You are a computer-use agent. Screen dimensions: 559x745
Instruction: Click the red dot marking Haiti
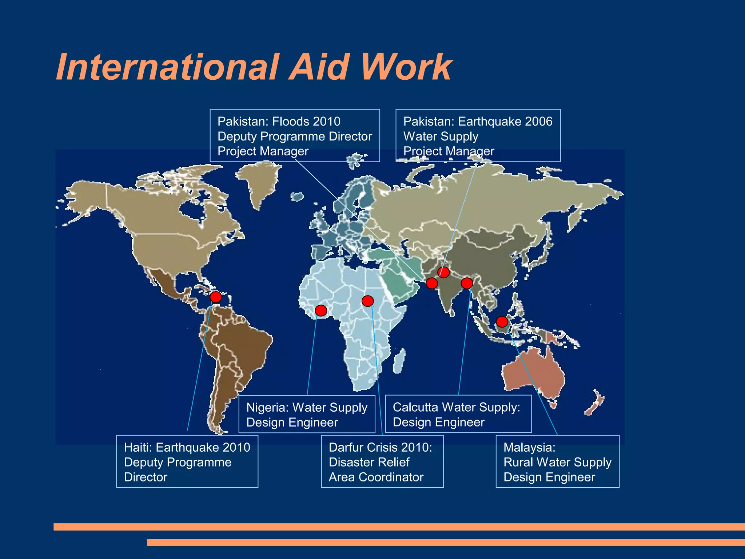[216, 297]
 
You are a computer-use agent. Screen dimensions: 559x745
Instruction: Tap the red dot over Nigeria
[321, 310]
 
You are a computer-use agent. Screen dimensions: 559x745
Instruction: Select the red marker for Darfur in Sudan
[368, 301]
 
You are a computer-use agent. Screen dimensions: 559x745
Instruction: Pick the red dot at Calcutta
[467, 283]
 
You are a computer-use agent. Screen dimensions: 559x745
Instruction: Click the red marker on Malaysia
[502, 322]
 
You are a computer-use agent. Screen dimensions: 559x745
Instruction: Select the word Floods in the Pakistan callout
[294, 121]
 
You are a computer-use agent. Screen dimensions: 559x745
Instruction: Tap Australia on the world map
[533, 375]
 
